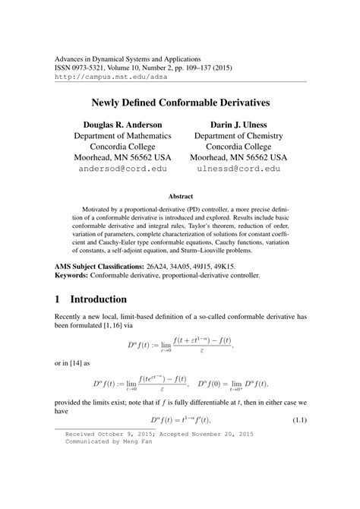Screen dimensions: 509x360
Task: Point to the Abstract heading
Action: [x=180, y=195]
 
